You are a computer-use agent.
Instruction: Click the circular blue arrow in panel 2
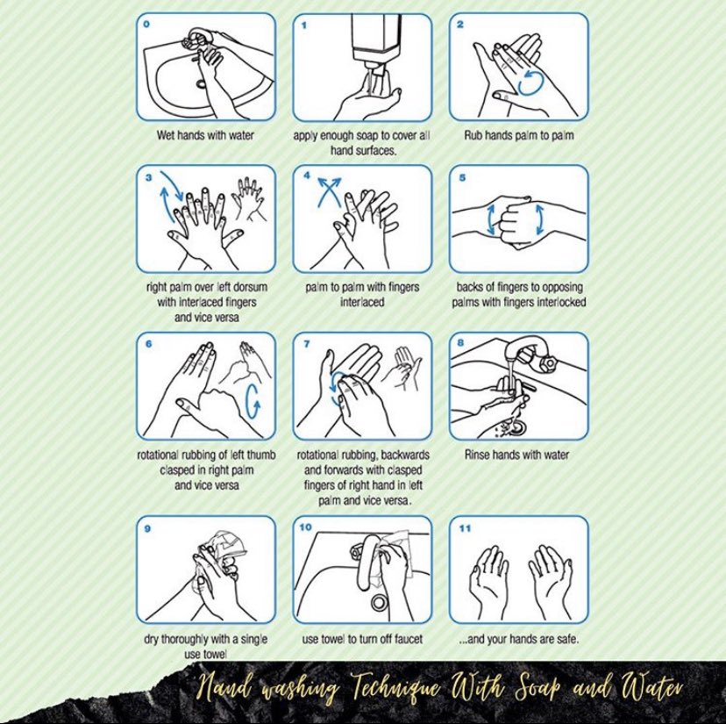pos(531,82)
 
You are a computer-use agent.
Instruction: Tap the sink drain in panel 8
pos(517,426)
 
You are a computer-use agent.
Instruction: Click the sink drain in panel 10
pos(380,603)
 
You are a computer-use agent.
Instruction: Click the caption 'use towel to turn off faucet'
pos(362,639)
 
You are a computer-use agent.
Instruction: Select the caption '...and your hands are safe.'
pos(518,639)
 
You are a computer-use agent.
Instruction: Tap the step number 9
pos(146,528)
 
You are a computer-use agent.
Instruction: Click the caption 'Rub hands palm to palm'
pos(518,136)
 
